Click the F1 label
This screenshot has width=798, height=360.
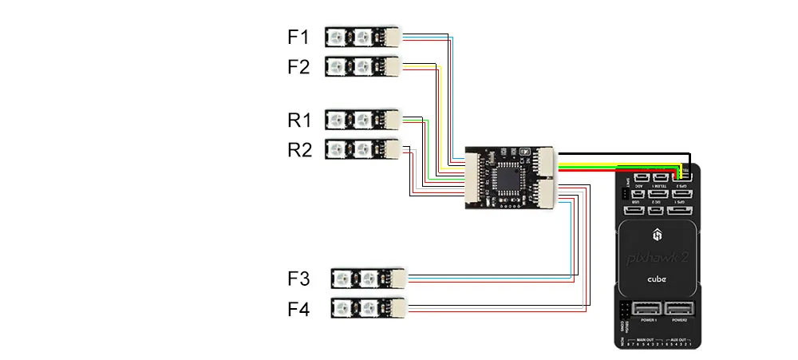tap(298, 37)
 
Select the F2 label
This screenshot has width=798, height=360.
tap(298, 67)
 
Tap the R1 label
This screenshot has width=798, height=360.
tap(298, 121)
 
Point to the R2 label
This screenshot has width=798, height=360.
tap(298, 149)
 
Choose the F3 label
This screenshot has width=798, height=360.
tap(298, 279)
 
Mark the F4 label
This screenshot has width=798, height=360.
tap(298, 308)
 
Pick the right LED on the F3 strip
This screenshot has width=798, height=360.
tap(368, 279)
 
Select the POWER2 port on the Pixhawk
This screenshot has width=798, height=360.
tap(680, 310)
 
